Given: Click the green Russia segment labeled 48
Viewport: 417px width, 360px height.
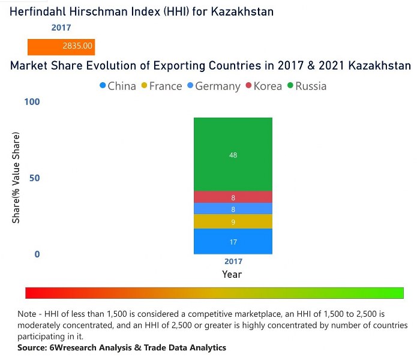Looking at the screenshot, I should [233, 155].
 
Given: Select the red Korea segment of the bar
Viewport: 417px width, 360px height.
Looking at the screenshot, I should [233, 197].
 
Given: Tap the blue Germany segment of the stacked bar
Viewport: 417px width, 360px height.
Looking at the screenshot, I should [233, 209].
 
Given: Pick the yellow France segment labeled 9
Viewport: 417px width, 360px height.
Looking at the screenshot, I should [233, 222].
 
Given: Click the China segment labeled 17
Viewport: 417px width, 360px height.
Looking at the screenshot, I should [233, 242].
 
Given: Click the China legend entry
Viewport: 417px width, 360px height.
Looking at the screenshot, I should [118, 86].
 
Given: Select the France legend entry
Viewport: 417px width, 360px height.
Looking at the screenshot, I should [161, 86].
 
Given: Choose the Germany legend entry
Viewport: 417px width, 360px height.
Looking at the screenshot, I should [214, 86].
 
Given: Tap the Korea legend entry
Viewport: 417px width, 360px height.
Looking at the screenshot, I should [263, 86].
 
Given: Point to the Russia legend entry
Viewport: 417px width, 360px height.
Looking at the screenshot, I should [307, 86].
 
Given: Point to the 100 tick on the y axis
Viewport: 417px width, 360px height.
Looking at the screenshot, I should [32, 102].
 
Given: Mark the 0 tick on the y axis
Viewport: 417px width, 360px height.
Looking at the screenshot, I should [37, 254].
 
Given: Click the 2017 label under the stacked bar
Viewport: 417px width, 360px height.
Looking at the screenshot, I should [233, 262].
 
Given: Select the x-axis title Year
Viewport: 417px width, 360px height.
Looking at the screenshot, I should [232, 274].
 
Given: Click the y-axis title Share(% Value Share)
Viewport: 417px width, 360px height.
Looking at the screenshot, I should [16, 178].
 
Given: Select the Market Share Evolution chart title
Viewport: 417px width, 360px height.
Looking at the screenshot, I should [211, 65].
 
